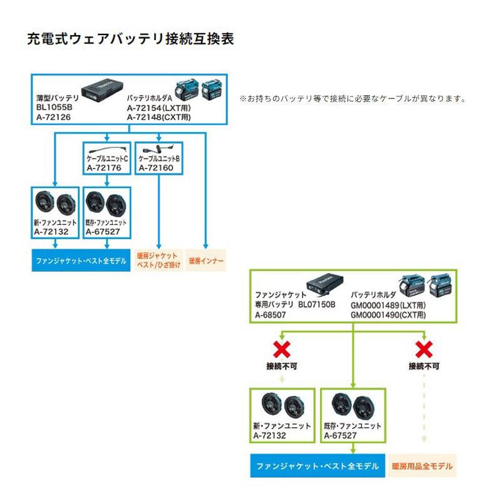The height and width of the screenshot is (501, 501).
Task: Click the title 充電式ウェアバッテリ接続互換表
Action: pos(131,39)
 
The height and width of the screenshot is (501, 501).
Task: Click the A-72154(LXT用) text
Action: pos(159,108)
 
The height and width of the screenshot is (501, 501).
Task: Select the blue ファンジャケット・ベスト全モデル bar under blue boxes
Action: pos(81,260)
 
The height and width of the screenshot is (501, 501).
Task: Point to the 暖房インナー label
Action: pos(205,260)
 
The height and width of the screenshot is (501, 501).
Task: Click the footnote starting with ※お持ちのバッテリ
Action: pos(353,99)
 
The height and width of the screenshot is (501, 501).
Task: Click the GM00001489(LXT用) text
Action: pos(388,304)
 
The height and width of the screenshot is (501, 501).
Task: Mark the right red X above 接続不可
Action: pos(424,348)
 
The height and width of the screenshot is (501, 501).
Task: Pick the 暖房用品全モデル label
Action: pos(422,467)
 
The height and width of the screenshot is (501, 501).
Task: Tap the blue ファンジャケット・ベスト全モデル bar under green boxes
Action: pos(318,467)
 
